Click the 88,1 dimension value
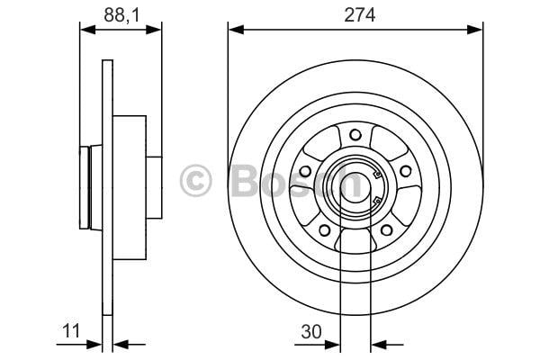coord(121,15)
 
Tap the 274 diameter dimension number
coord(359,15)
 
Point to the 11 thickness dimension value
coord(71,330)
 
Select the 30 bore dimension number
coord(311,331)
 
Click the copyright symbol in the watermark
coord(195,181)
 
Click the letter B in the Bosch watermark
coord(245,181)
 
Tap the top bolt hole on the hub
coord(355,134)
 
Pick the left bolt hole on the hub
coord(305,171)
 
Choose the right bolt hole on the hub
coord(405,171)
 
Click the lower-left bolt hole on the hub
coord(324,229)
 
